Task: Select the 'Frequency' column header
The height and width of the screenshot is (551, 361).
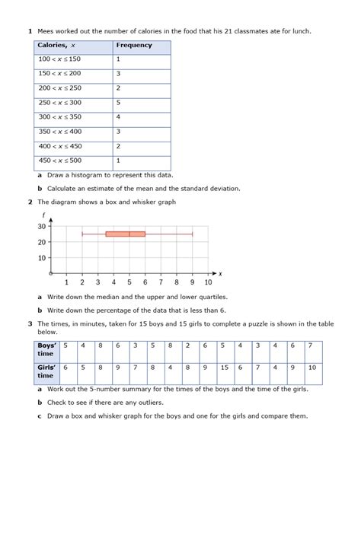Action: click(134, 46)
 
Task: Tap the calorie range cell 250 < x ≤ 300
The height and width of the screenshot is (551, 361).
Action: click(60, 103)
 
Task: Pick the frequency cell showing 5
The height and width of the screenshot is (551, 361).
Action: click(119, 103)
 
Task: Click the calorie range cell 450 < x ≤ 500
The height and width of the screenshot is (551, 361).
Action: click(60, 161)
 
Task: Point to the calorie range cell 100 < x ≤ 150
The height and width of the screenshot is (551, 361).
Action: click(60, 59)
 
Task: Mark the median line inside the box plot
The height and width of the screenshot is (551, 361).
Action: click(129, 234)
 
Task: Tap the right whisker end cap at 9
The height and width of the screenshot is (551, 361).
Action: click(192, 234)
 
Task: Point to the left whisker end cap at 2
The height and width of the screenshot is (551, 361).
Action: click(82, 234)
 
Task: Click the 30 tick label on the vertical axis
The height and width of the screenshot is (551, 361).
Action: click(42, 226)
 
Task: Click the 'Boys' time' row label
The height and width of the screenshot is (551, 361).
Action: click(46, 349)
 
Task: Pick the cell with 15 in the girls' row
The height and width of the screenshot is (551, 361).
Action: click(224, 368)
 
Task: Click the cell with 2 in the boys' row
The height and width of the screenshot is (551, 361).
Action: click(187, 346)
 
